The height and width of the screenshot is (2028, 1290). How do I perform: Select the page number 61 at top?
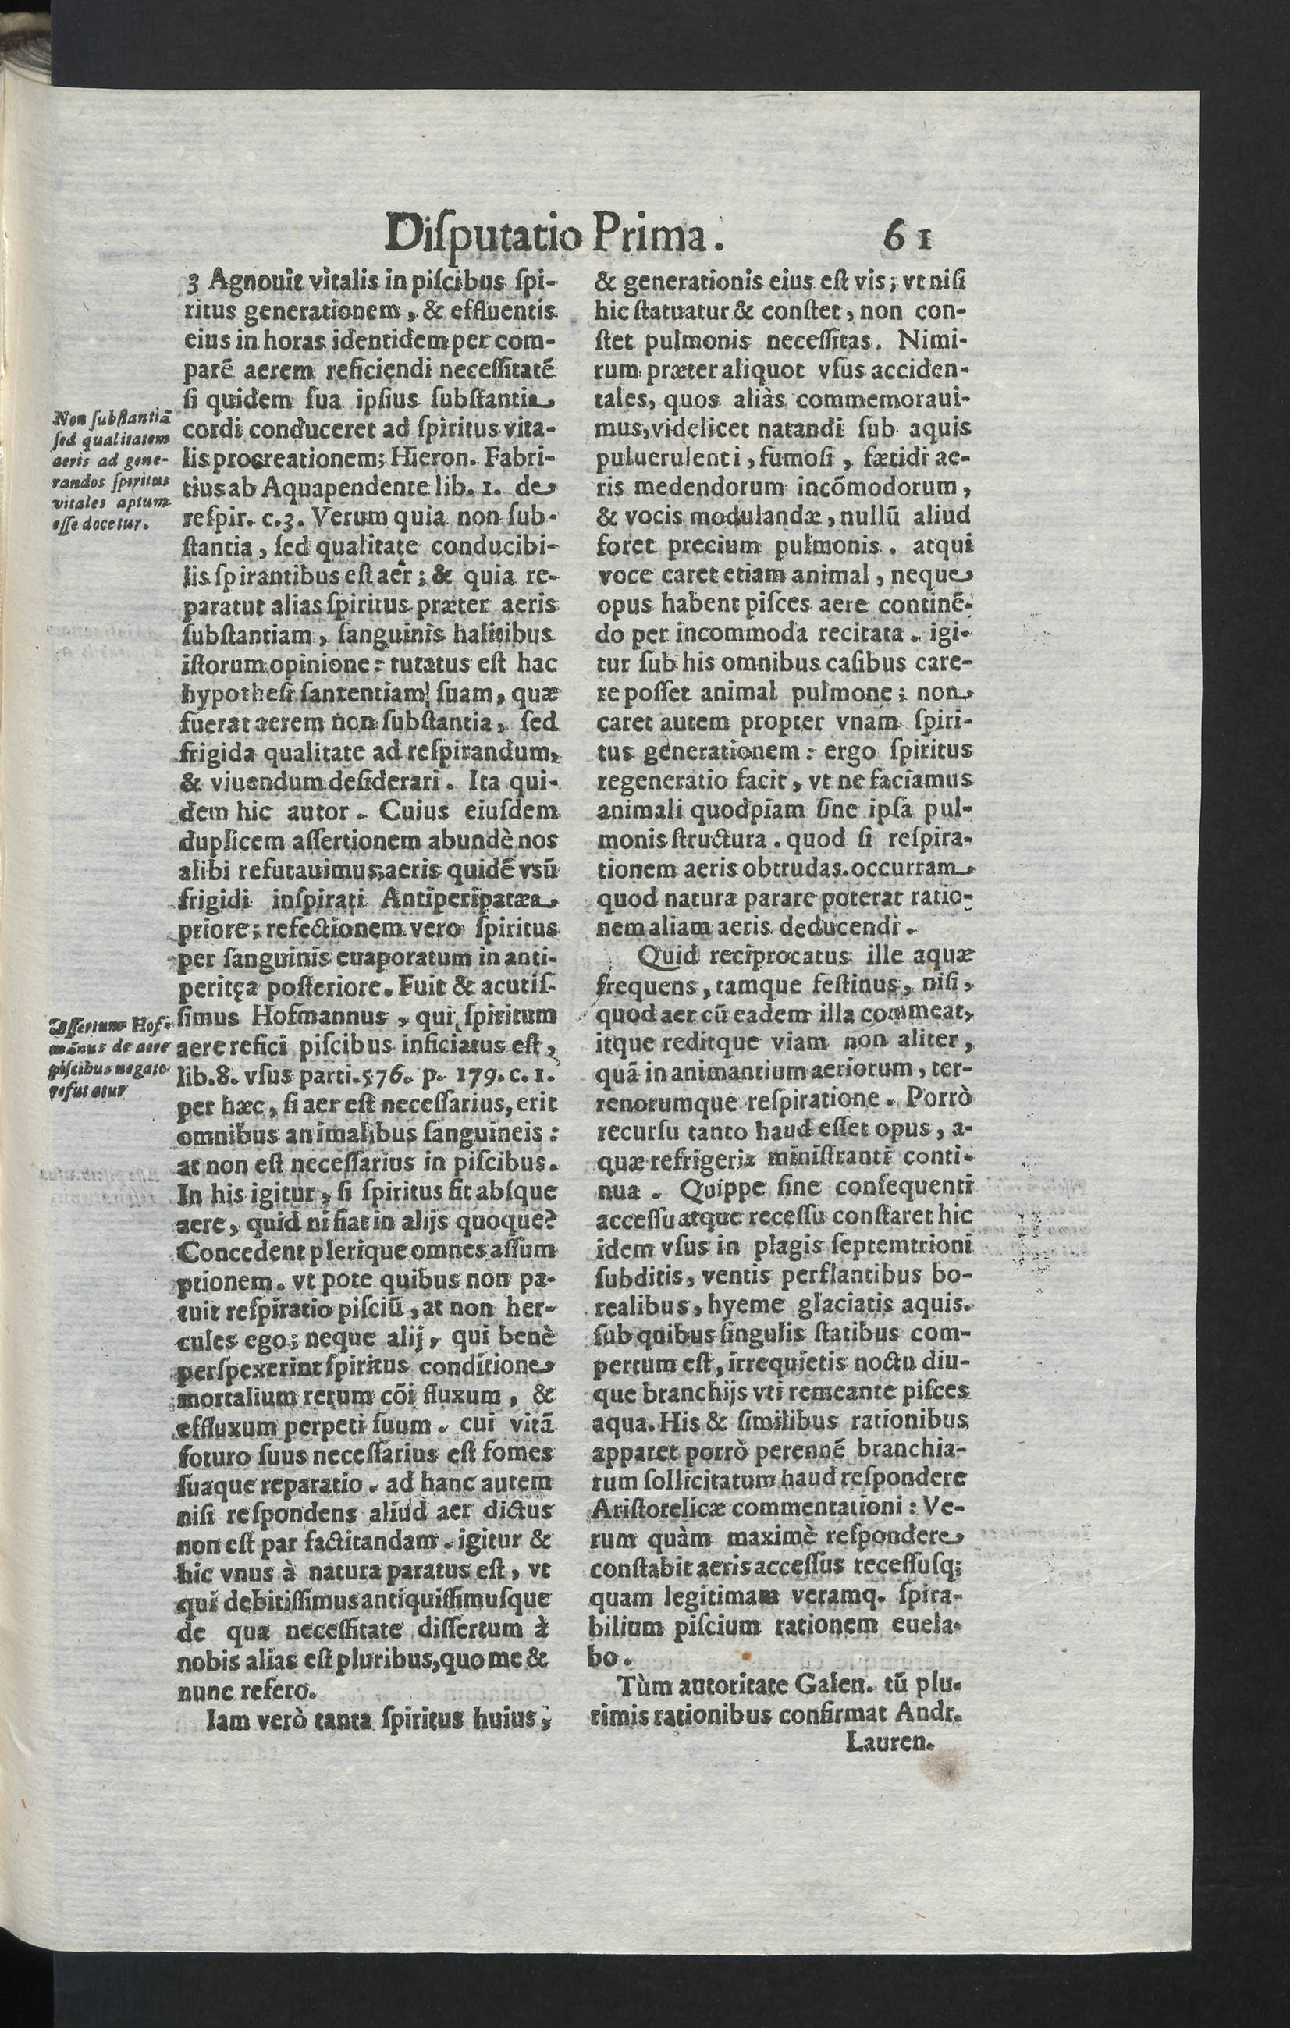point(907,237)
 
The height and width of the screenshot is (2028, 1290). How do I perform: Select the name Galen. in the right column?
point(823,1939)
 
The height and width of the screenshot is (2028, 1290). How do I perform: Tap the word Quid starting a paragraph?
point(663,957)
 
